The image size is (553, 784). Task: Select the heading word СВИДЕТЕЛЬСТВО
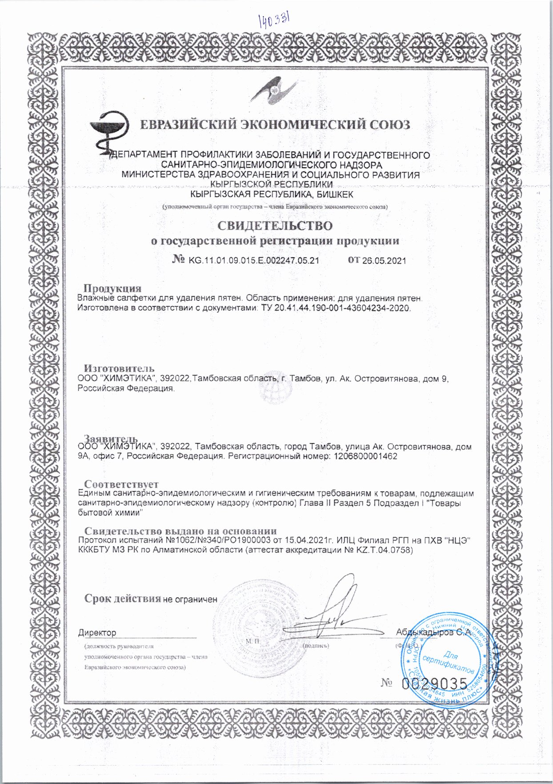[275, 226]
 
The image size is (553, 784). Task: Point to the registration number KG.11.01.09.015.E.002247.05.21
[254, 261]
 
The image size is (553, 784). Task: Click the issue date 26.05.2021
[384, 261]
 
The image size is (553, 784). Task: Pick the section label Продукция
[112, 288]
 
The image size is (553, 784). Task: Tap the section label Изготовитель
[119, 368]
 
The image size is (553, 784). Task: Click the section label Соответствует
[121, 484]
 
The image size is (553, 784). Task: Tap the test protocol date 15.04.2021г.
[308, 540]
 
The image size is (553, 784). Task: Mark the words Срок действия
[122, 598]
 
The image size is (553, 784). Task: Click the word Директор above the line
[97, 632]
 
